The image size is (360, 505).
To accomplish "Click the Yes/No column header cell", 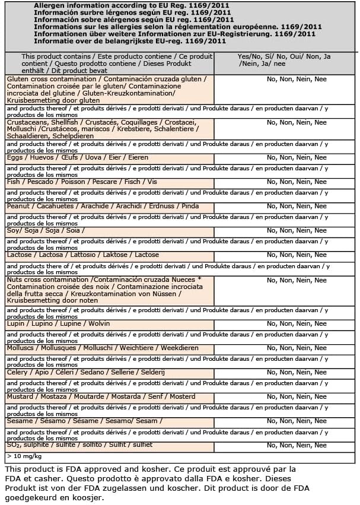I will point(284,59).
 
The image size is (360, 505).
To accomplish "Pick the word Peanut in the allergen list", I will point(18,207).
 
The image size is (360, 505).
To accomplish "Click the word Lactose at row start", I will point(20,255).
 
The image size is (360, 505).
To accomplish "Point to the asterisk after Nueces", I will point(200,280).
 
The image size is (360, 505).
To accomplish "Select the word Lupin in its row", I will point(16,323).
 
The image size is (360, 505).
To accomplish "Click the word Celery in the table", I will point(18,373).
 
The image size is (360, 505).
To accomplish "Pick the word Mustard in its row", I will point(20,396).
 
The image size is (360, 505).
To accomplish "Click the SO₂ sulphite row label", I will point(79,445).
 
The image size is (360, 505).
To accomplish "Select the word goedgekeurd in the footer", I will point(32,497).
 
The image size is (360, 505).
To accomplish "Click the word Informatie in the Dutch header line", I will point(53,42).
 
